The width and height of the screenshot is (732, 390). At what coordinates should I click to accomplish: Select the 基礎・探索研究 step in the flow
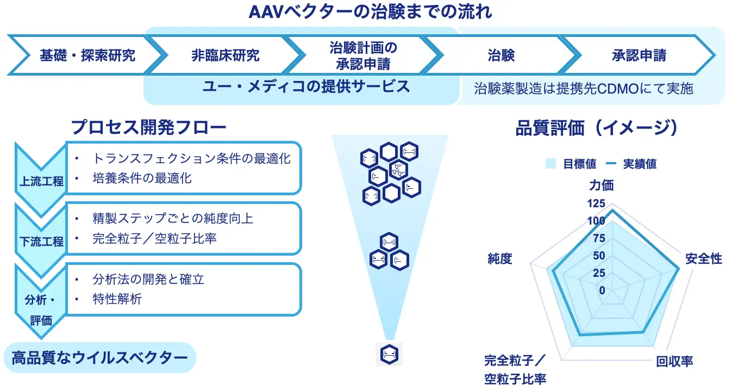(87, 55)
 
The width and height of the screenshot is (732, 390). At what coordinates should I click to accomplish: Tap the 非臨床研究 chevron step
(225, 55)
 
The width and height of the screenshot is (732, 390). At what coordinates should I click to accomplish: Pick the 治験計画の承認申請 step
(363, 55)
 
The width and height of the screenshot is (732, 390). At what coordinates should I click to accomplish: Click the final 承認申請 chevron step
(639, 55)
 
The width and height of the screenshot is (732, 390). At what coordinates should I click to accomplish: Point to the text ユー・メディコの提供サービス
(306, 87)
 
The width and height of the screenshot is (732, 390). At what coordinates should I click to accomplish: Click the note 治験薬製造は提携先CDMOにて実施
(584, 89)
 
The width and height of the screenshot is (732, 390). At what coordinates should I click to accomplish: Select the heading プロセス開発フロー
(148, 127)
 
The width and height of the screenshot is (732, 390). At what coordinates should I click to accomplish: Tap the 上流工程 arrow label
(41, 182)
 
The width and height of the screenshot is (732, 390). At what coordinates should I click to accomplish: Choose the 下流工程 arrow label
(41, 242)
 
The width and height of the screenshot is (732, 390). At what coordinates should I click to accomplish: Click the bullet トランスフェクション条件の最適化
(191, 158)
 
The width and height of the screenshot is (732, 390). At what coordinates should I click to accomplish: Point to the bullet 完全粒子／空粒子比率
(154, 238)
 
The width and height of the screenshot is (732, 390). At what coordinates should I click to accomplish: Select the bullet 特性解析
(117, 299)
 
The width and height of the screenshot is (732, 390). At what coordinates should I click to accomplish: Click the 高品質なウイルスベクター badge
(100, 357)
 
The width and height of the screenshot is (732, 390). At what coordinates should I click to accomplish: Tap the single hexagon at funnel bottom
(389, 354)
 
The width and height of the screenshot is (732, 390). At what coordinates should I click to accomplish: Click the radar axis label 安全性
(704, 259)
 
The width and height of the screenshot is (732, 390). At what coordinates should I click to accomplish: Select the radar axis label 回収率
(674, 362)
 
